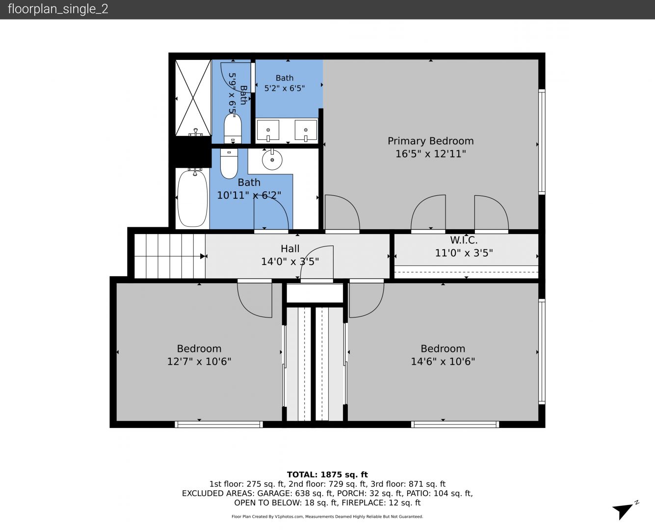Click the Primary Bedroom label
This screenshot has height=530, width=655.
coord(430,141)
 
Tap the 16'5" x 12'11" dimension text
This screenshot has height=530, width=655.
coord(430,154)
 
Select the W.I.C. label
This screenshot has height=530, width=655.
coord(464,240)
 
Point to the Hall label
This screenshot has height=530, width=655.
coord(290,248)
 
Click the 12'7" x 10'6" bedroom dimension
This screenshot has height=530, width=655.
coord(199,361)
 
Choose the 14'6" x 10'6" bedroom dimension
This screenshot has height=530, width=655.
coord(443,361)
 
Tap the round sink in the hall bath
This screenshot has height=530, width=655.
coord(272,159)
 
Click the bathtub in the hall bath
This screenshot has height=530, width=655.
coord(192,198)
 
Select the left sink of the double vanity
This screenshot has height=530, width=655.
coord(268,131)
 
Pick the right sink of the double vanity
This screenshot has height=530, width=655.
coord(306,131)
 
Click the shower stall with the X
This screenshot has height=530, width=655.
coord(193,98)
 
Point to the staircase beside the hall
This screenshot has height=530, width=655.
coord(170,256)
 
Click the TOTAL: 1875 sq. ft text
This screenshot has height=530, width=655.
coord(327,475)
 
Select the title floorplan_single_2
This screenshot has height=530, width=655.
coord(58,9)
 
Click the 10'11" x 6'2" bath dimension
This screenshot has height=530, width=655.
coord(249,195)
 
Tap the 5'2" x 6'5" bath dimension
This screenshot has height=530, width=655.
coord(285,88)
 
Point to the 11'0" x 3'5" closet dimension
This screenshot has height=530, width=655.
coord(464,253)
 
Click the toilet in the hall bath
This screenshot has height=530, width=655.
coord(229,163)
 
